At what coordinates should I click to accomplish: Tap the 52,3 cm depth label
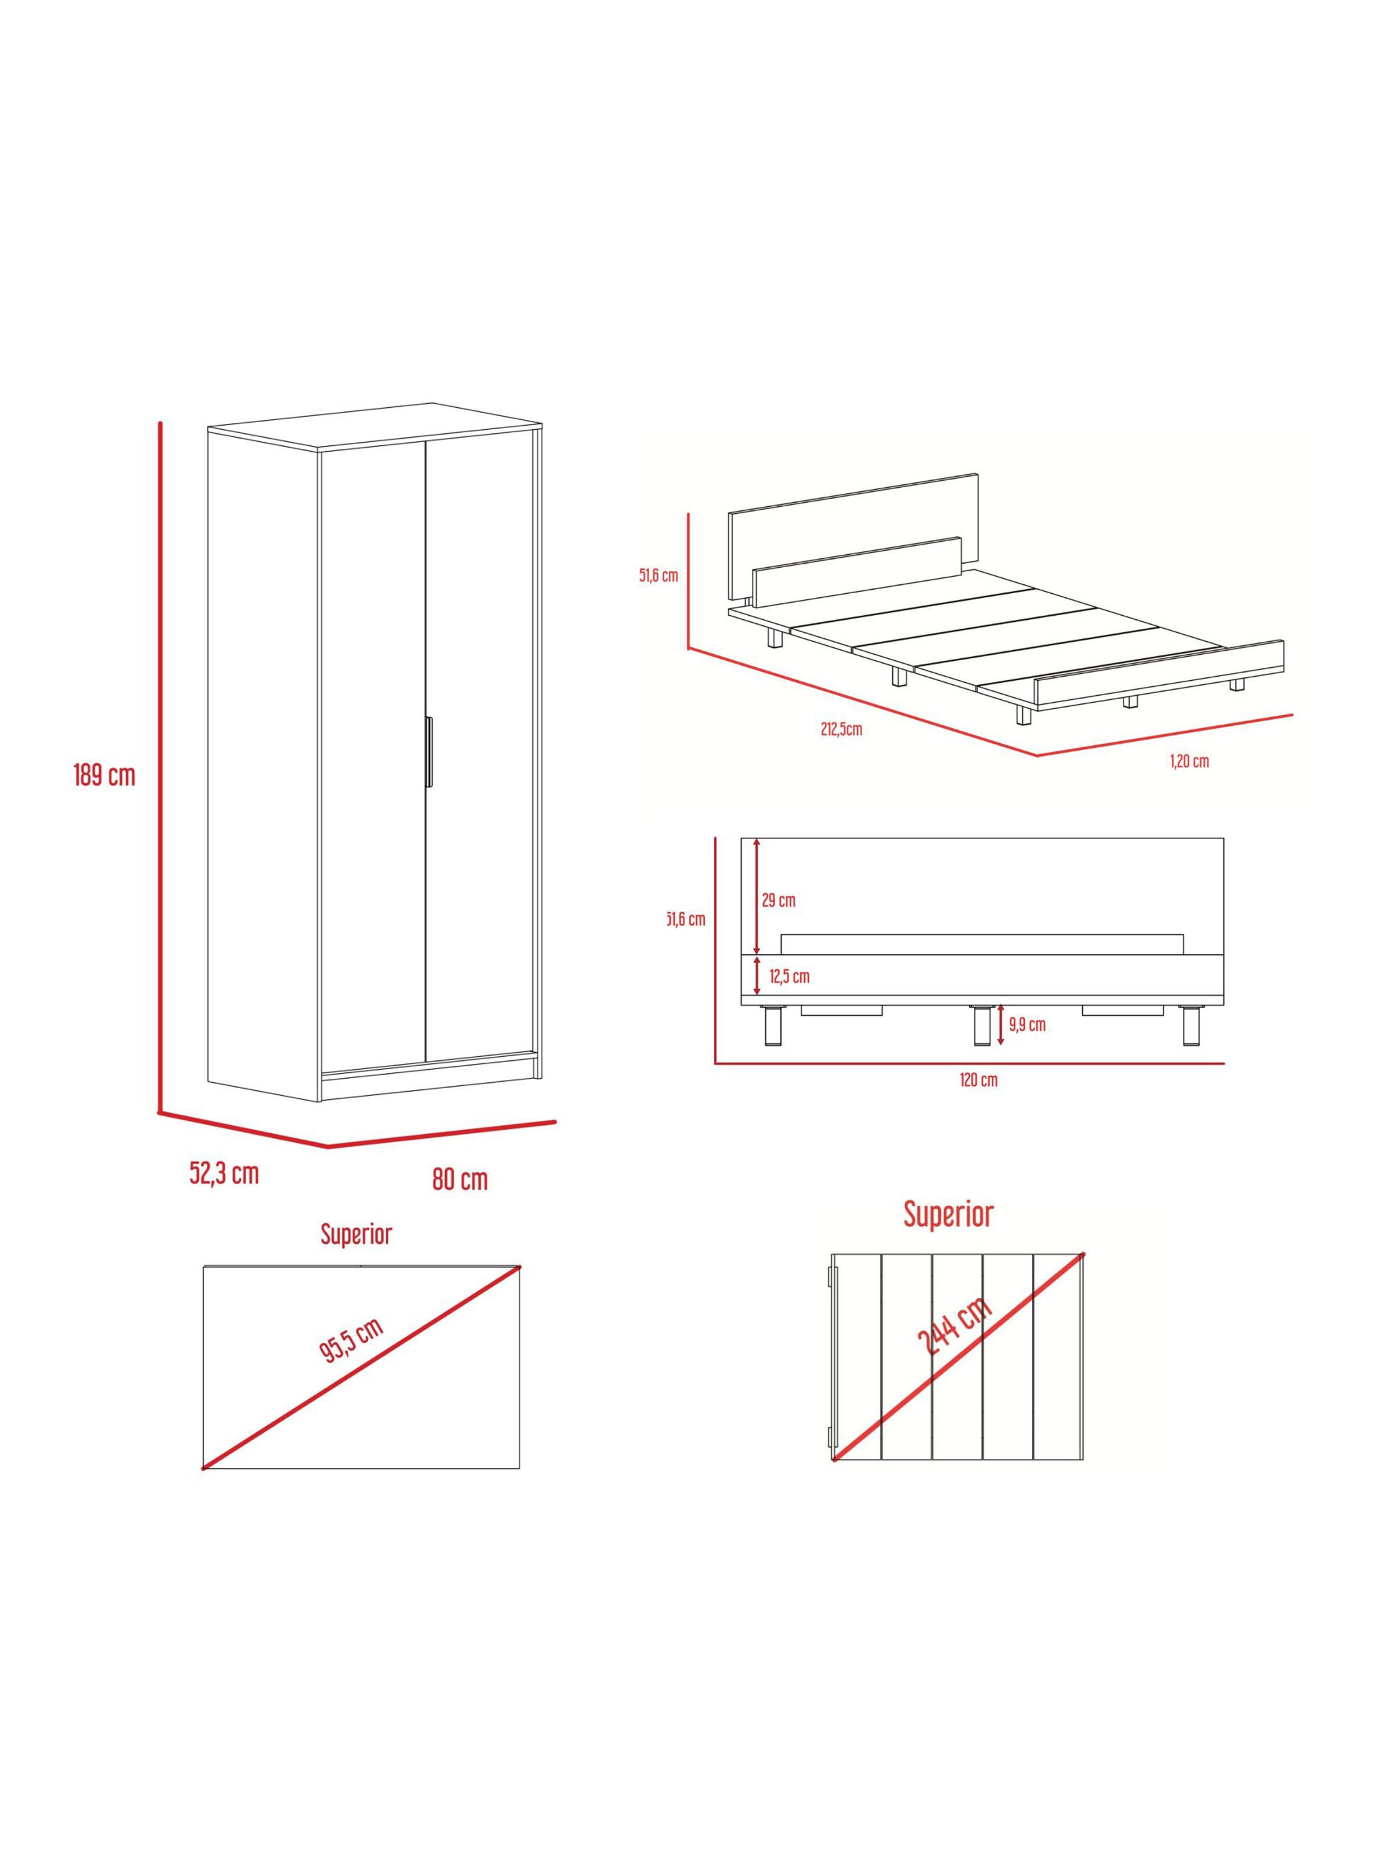click(224, 1173)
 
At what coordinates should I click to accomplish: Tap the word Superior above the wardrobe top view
click(357, 1234)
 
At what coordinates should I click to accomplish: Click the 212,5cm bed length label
click(841, 729)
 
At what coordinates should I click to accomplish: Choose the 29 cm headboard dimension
click(779, 901)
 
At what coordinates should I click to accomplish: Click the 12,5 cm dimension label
click(789, 976)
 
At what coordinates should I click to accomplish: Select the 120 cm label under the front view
click(978, 1080)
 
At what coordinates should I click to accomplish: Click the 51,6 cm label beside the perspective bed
click(659, 575)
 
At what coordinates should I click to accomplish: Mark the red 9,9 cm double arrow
click(1001, 1025)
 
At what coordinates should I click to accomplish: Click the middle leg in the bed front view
click(979, 1025)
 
